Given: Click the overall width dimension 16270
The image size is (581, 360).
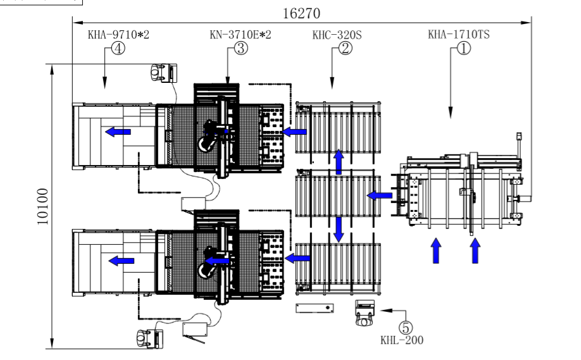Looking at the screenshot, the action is (x=301, y=13).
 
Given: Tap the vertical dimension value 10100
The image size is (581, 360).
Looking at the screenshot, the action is (x=43, y=206).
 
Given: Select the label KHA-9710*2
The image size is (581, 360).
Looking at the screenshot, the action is (x=118, y=34).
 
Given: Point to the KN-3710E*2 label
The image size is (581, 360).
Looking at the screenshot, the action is (x=240, y=34).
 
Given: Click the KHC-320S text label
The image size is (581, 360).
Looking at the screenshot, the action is (x=337, y=35).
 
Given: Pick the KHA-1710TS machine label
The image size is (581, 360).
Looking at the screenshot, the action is (x=459, y=34).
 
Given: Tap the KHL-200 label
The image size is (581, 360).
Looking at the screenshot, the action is (x=402, y=340).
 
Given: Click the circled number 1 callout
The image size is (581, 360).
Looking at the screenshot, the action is (x=464, y=48).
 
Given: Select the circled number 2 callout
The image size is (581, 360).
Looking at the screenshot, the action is (x=346, y=48).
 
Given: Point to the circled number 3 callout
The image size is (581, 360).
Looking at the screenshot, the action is (x=241, y=48).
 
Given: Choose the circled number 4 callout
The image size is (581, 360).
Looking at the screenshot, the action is (x=118, y=48).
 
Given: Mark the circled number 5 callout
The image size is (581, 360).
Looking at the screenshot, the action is (x=406, y=327).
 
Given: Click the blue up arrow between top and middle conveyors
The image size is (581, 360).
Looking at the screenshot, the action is (x=339, y=161).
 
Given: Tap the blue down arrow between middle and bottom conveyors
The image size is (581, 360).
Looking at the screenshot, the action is (x=339, y=230).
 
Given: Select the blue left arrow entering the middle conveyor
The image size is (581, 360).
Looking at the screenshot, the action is (x=380, y=196).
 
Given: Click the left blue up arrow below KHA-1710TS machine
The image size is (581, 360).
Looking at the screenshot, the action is (x=436, y=251).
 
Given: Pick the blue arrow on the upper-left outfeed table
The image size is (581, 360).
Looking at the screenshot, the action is (x=118, y=132).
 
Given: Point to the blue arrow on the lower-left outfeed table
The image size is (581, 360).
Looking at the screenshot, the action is (x=121, y=261).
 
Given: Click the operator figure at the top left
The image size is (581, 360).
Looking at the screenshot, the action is (x=158, y=72).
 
